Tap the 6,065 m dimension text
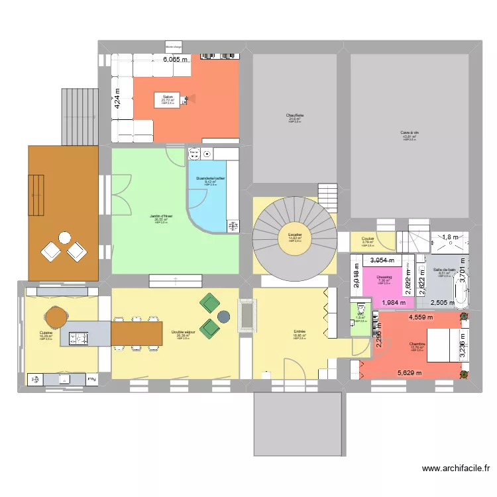coord(176,59)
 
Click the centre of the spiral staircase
coord(295,237)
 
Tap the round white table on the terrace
coord(64,237)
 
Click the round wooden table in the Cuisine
coord(57,316)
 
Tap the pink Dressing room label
coord(384,278)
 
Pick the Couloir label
coord(367,240)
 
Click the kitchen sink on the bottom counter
coord(64,380)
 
